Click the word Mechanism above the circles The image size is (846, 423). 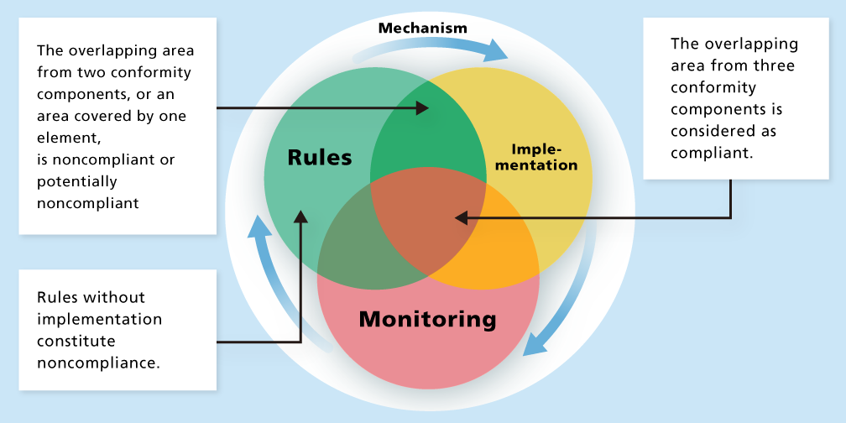click(422, 28)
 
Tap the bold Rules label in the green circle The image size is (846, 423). click(319, 157)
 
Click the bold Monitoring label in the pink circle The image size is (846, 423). click(427, 319)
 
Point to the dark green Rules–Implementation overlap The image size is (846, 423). click(428, 138)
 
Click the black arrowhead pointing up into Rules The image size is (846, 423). click(300, 216)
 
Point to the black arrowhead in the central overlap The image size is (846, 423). click(460, 218)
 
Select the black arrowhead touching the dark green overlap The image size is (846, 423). click(424, 108)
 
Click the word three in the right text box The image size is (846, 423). click(775, 65)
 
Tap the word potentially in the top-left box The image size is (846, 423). click(76, 180)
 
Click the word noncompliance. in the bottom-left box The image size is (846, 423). click(97, 363)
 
